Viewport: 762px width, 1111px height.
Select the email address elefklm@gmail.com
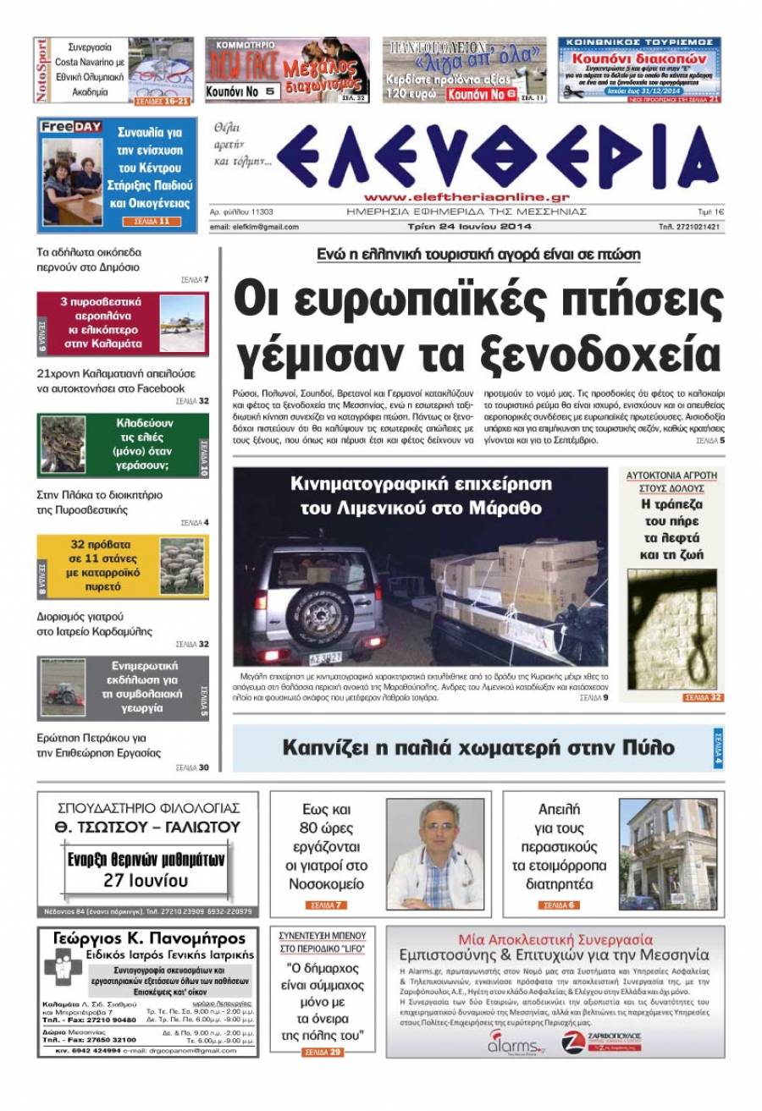coord(254,227)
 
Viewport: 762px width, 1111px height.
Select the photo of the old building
coord(669,853)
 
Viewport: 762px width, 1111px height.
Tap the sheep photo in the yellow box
coord(182,566)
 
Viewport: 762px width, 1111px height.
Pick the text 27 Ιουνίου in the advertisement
coord(146,880)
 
